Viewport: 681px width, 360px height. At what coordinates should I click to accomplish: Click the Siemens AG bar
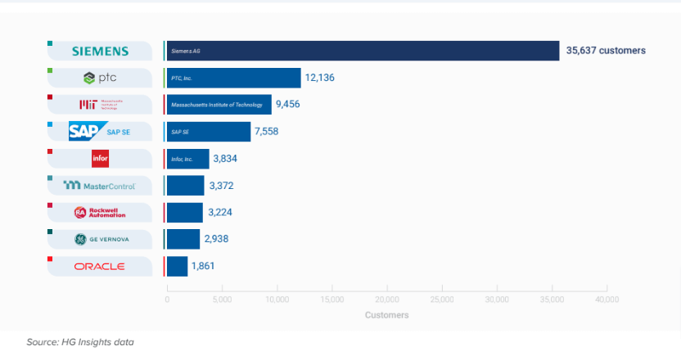point(362,51)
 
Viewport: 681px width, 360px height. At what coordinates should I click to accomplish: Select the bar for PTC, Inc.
point(233,78)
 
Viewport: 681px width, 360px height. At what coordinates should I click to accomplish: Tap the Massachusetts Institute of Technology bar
point(219,105)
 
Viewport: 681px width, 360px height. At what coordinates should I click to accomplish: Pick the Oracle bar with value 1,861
point(177,266)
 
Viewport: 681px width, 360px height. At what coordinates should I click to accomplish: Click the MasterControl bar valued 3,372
point(185,186)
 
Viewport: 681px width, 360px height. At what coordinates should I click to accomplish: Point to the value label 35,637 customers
point(605,51)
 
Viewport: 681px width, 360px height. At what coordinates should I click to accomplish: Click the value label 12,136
point(320,78)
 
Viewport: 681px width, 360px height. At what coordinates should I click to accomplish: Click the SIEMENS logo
point(100,51)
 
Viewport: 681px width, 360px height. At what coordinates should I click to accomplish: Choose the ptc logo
point(100,78)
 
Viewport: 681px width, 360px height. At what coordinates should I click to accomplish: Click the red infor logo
point(100,158)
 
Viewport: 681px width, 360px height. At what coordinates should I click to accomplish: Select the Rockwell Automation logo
point(100,212)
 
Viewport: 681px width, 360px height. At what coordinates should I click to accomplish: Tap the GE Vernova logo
point(100,239)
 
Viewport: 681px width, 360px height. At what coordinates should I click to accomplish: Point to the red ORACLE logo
point(100,266)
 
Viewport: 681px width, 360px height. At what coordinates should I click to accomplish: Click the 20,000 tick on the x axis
point(386,299)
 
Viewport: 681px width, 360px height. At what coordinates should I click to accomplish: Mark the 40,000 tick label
point(607,299)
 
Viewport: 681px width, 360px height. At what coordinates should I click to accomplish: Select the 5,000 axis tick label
point(222,299)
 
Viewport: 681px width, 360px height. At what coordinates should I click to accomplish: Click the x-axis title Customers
point(386,315)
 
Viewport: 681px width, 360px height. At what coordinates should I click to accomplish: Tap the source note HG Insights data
point(79,341)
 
